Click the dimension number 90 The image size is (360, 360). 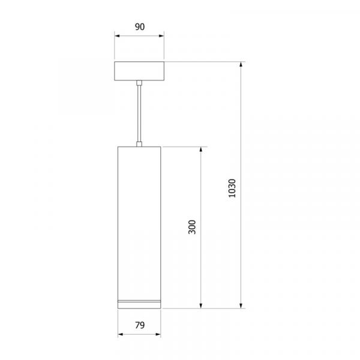click(140, 27)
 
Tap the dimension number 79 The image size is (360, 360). click(140, 325)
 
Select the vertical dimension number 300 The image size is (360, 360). click(192, 227)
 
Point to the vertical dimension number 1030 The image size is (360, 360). click(232, 188)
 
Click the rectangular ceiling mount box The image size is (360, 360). click(139, 71)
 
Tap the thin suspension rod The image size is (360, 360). click(139, 114)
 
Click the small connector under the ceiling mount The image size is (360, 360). click(139, 83)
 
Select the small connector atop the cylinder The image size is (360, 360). click(139, 144)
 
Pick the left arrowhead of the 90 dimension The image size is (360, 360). click(117, 36)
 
